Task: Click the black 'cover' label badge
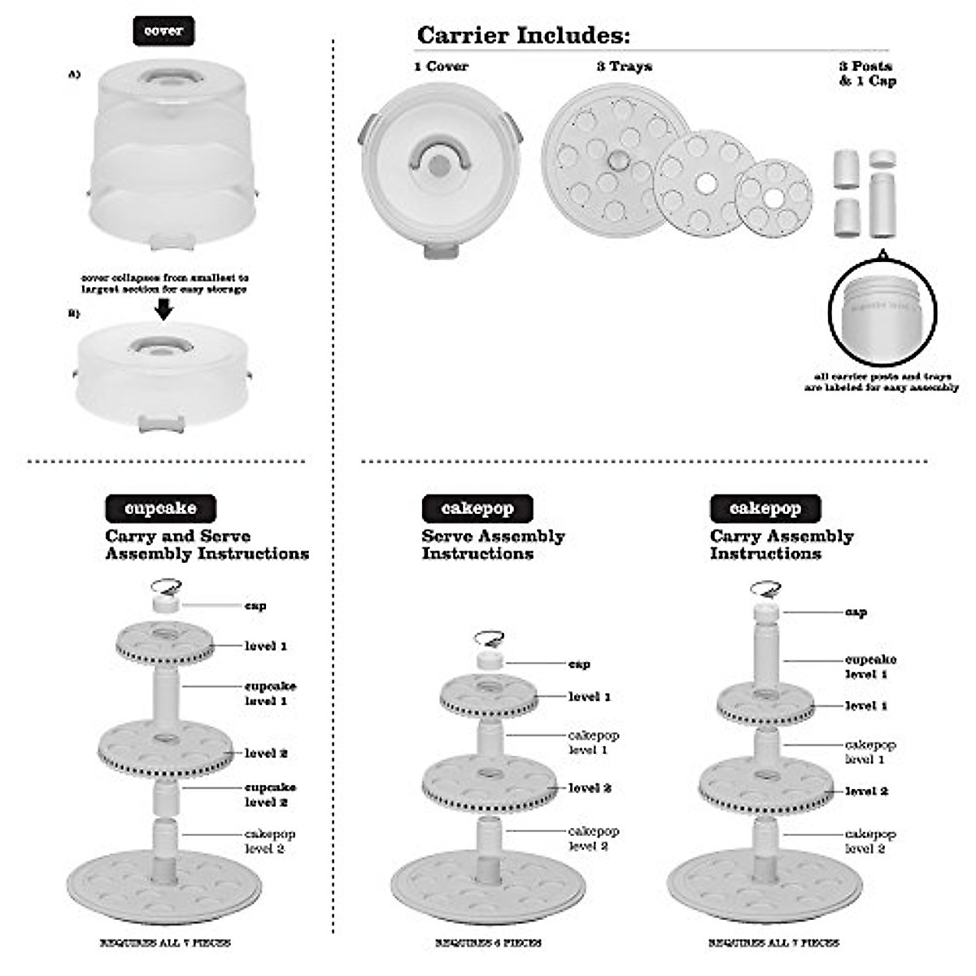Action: pos(163,31)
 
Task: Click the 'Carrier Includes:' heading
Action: pos(523,36)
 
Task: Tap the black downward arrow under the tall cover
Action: pos(163,309)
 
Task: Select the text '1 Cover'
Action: pos(441,67)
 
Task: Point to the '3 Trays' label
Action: pos(624,67)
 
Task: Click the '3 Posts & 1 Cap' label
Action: pos(867,73)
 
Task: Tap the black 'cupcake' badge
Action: pos(160,508)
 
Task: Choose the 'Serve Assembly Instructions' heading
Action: pos(493,545)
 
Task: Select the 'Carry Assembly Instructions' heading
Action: pos(781,545)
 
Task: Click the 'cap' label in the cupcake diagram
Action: pos(255,606)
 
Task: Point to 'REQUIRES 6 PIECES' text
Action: pos(488,943)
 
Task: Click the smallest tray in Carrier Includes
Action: pos(773,196)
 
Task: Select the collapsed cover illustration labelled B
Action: pos(163,374)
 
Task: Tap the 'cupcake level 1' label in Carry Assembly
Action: pos(870,667)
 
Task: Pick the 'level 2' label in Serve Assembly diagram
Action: pos(590,788)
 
